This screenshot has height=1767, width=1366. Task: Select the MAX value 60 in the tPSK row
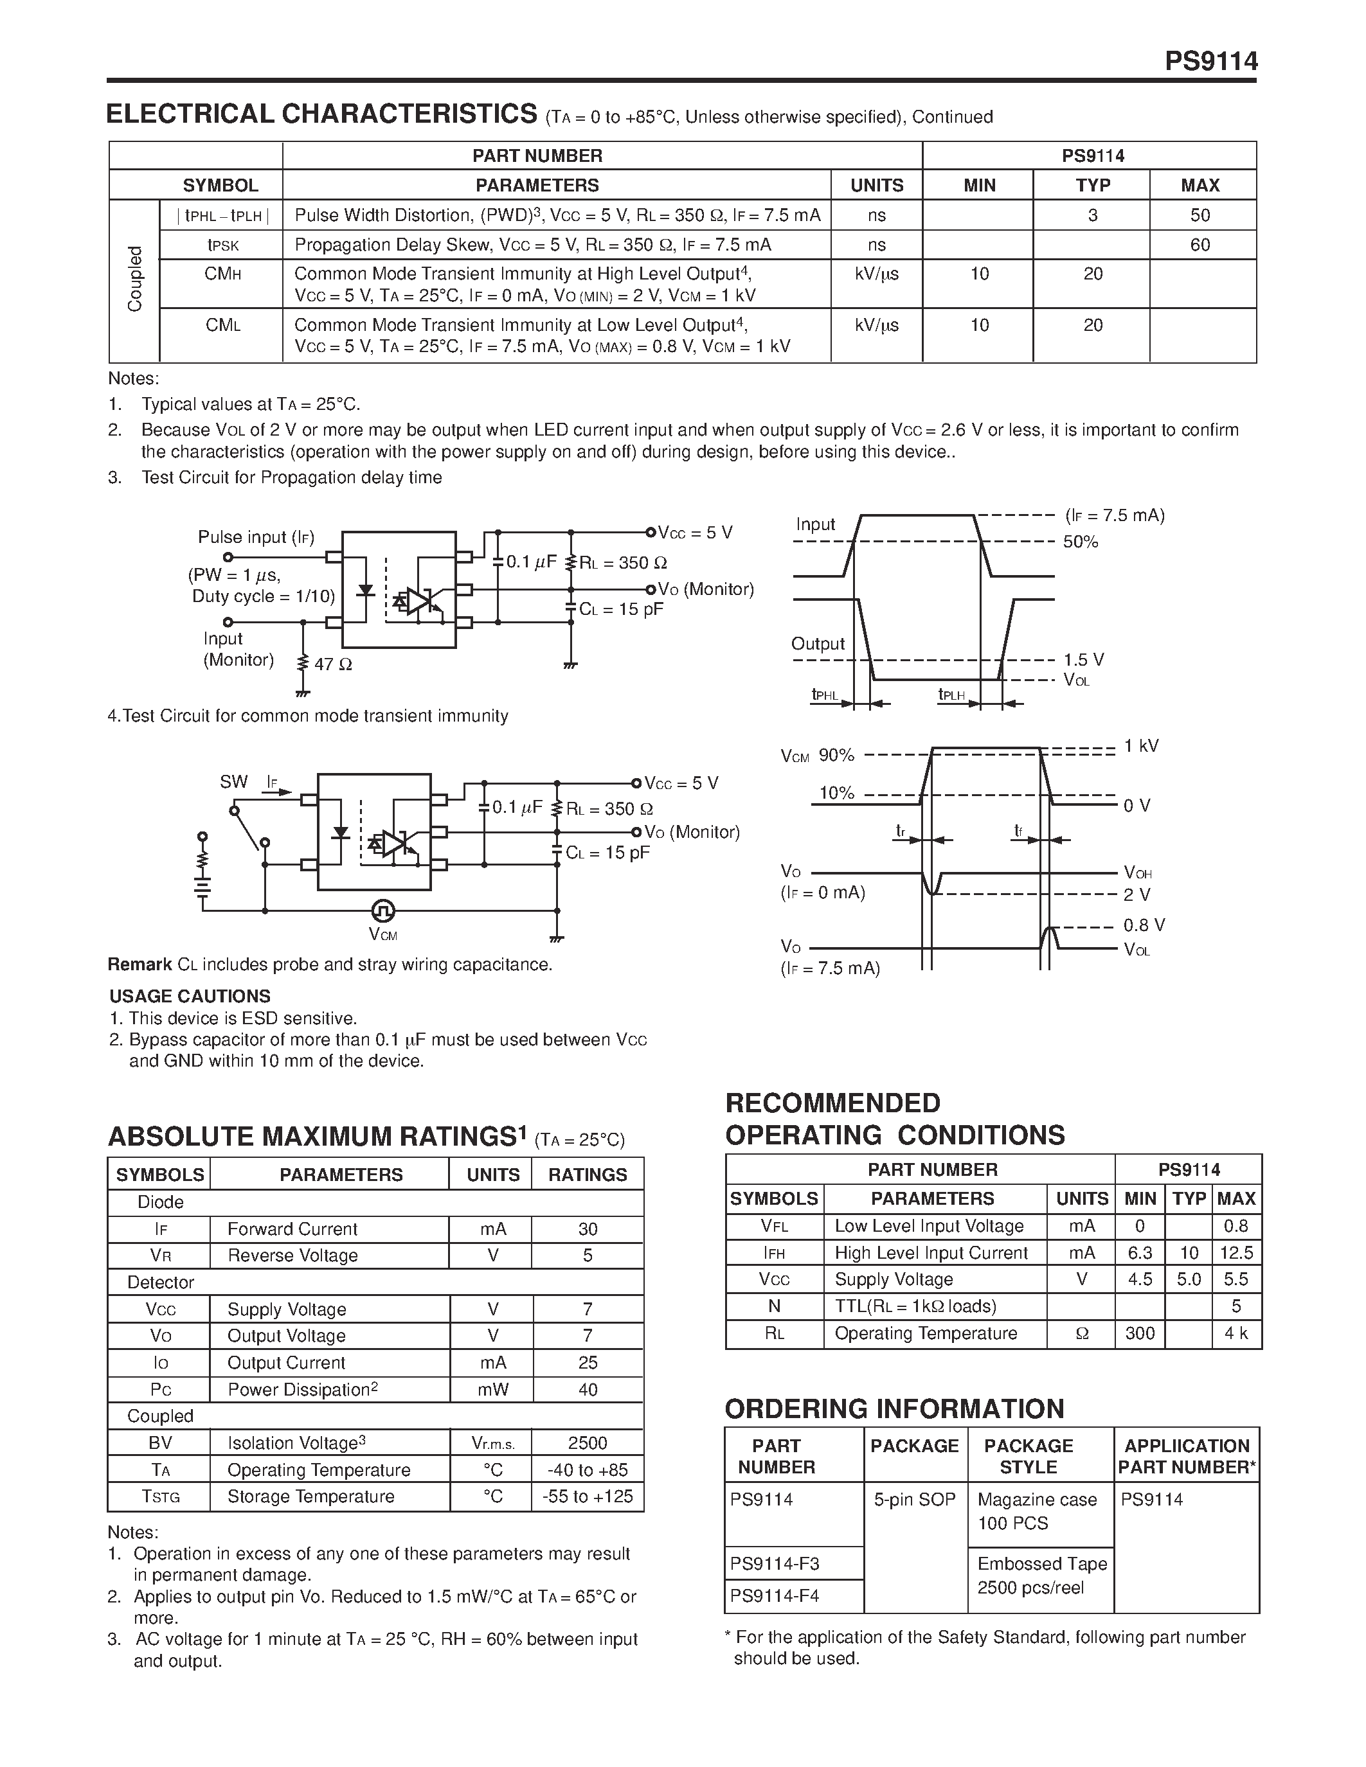click(1200, 244)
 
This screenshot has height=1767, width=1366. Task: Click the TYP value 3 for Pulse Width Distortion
click(1092, 215)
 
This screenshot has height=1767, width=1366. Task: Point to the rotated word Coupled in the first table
click(134, 279)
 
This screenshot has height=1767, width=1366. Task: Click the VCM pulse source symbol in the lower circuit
click(382, 911)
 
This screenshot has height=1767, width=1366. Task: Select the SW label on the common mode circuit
click(233, 781)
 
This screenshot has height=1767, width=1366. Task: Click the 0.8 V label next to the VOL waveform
click(1144, 925)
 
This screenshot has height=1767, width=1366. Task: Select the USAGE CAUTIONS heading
click(190, 996)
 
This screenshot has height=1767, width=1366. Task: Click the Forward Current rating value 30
click(588, 1229)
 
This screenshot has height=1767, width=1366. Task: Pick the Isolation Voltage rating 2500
click(588, 1443)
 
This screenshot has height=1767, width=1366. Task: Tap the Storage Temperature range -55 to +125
click(588, 1496)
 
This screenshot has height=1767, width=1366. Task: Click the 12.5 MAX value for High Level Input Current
click(1236, 1252)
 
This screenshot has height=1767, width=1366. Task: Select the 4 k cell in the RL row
click(1236, 1333)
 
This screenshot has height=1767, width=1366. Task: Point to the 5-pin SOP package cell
click(915, 1499)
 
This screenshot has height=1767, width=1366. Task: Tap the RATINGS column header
click(588, 1174)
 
